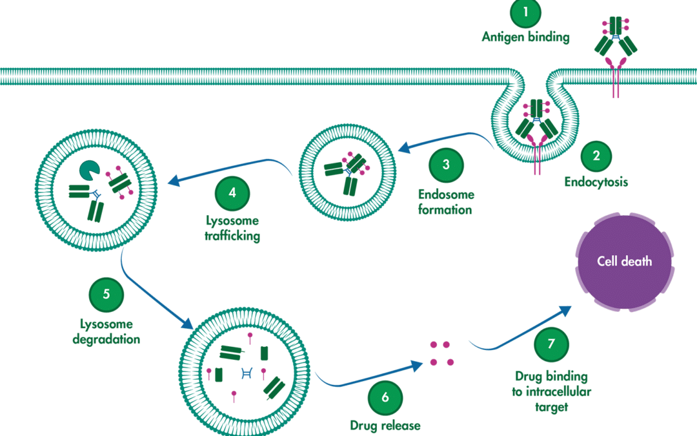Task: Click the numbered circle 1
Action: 525,12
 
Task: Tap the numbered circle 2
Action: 596,155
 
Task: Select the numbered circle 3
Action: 446,164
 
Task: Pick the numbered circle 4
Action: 232,192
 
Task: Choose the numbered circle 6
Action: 385,397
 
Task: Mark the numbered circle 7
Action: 551,344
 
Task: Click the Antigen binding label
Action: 525,37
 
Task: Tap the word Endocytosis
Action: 596,182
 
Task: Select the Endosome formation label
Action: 445,202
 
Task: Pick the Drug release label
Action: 385,426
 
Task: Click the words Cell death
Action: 623,261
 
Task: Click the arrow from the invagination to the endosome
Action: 445,138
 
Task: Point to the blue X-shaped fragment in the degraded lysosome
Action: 246,372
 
